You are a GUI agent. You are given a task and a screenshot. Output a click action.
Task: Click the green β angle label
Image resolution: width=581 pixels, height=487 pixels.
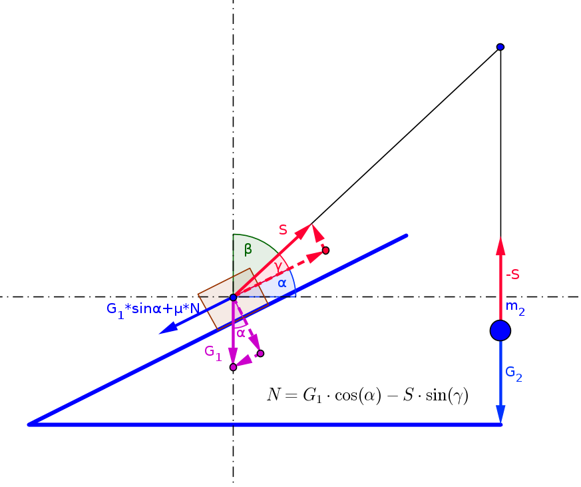coord(248,249)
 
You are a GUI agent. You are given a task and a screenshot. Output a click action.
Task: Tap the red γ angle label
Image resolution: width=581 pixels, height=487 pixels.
coord(278,266)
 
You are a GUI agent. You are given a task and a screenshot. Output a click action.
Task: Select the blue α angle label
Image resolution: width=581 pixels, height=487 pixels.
coord(282,283)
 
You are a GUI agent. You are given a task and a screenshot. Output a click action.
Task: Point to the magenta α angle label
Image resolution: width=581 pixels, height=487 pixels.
coord(241,333)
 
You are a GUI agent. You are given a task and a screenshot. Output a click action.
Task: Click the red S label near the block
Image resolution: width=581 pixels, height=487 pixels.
coord(283,230)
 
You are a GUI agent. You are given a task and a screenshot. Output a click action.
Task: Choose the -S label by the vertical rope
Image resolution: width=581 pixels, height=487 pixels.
coord(513,274)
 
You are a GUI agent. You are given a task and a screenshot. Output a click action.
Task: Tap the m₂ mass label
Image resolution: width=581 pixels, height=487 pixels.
coord(515,308)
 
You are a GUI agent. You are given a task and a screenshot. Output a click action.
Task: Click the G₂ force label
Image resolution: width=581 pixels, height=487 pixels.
coord(514,374)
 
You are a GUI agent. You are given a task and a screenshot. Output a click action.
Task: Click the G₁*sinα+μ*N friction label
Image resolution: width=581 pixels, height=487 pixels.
coord(153,309)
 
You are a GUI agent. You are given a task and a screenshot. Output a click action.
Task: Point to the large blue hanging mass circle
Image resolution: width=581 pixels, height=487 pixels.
coord(500,330)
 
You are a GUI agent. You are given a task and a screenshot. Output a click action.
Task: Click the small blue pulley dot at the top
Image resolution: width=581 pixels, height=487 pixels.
coord(500,47)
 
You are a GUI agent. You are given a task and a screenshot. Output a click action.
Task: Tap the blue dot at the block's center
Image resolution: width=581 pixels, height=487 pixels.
coord(233,297)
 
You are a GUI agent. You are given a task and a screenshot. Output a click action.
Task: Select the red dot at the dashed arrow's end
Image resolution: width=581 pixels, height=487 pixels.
coord(325,250)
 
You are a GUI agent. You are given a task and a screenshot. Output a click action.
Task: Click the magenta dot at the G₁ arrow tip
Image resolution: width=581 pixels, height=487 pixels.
coord(233,367)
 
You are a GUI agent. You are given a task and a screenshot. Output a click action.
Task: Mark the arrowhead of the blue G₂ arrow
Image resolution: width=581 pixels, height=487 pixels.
coord(500,414)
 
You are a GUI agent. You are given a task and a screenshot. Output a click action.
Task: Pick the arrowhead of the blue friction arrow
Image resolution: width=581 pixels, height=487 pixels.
coord(168,328)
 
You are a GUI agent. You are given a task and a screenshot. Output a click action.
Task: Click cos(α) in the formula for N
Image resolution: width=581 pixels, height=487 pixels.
coord(358,395)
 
